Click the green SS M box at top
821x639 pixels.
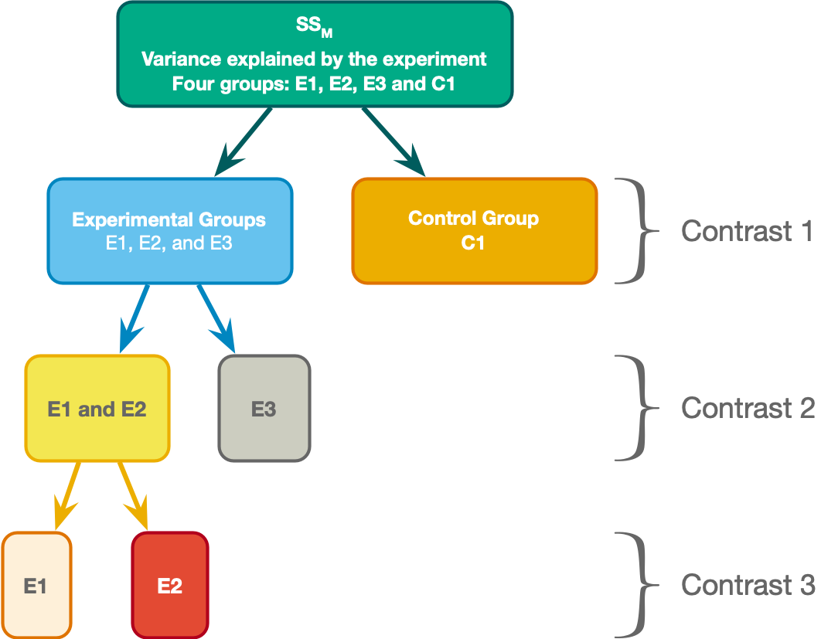click(314, 53)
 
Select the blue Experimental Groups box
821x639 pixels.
click(169, 231)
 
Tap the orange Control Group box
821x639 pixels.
click(474, 231)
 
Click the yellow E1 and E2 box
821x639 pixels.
click(97, 409)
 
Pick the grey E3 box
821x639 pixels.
click(264, 409)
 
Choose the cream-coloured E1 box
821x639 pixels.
click(36, 586)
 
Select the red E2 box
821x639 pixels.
click(169, 586)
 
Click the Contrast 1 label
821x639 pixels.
click(747, 231)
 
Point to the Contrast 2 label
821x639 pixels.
click(748, 408)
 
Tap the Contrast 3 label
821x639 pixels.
click(748, 585)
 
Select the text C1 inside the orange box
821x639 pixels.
click(473, 243)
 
